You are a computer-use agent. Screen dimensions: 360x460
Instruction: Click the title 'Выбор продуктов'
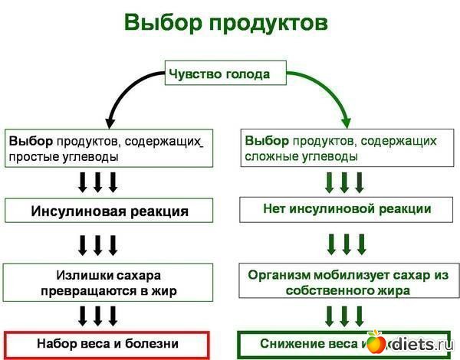226,23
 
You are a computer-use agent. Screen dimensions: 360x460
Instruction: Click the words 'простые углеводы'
64,157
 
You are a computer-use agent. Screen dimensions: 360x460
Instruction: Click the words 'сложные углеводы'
301,157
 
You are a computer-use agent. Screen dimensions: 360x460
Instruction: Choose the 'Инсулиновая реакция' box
110,211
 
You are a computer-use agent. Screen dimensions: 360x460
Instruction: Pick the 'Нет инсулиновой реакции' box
347,208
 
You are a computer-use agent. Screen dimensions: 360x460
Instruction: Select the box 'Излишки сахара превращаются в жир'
110,282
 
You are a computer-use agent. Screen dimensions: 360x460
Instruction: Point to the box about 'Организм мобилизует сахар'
347,282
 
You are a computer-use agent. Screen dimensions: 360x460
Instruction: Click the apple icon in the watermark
376,342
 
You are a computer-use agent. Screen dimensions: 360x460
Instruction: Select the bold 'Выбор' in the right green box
266,142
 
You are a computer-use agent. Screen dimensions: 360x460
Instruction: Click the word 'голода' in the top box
249,74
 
